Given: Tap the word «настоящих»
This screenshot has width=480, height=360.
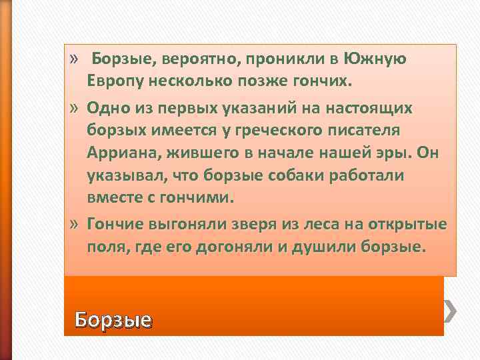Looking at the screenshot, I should [375, 109].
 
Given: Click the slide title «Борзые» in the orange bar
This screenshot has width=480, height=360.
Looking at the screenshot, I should [113, 320].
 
